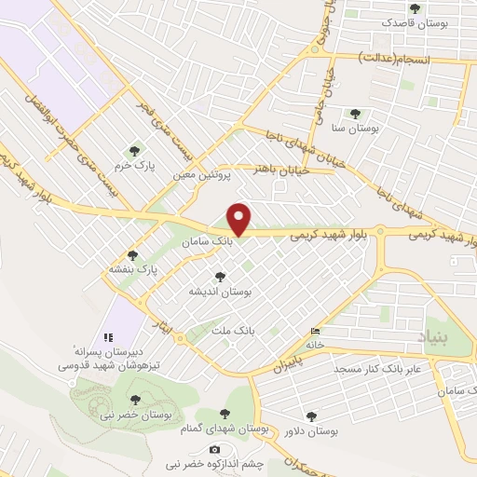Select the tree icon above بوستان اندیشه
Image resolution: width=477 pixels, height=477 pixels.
(220, 276)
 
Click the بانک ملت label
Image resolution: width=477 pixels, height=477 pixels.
(233, 331)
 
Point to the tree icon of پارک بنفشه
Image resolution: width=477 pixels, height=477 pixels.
(132, 254)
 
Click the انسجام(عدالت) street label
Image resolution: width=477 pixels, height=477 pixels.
(398, 60)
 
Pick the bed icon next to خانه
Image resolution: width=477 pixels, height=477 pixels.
(316, 332)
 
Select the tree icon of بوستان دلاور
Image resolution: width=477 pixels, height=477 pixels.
(310, 416)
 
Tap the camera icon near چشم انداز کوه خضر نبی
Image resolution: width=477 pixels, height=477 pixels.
(215, 449)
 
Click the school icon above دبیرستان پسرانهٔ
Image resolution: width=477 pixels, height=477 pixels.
(107, 336)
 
